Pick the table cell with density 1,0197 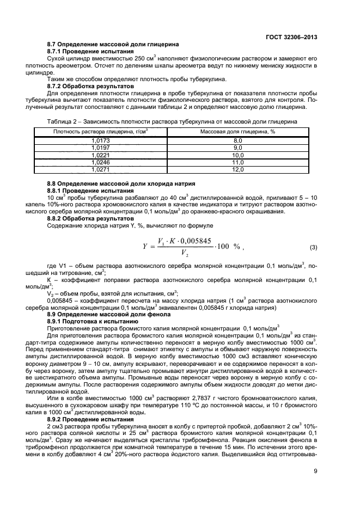point(101,148)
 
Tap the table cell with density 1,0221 point(101,155)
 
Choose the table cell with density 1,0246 point(101,162)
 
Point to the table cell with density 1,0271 point(101,169)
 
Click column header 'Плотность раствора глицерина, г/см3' point(101,132)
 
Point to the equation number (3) point(313,248)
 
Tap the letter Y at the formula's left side point(145,247)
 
